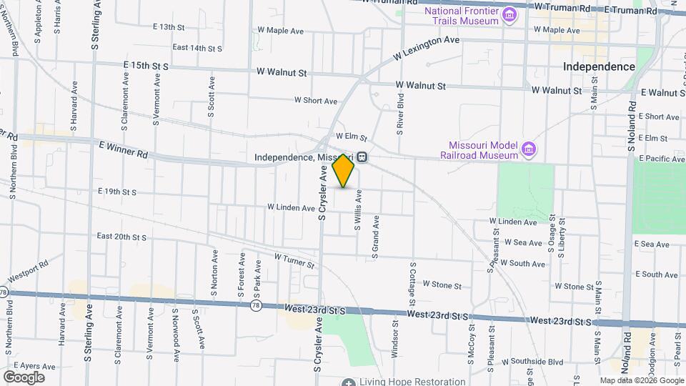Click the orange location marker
[344, 172]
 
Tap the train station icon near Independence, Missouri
[363, 157]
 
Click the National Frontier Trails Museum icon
[509, 15]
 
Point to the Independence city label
[599, 66]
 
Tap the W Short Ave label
[316, 101]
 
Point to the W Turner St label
[295, 256]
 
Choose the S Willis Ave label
[359, 211]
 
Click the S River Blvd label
[401, 114]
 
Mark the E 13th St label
[169, 27]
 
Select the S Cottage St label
[412, 281]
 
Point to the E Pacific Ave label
[662, 158]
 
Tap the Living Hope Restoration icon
[348, 382]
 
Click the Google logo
[24, 377]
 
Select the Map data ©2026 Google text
[642, 380]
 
